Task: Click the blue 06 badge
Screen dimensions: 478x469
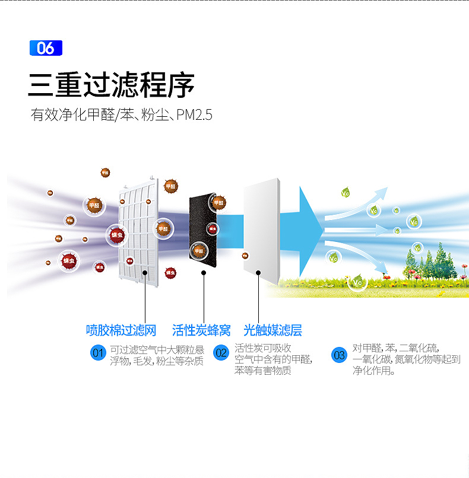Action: [x=46, y=48]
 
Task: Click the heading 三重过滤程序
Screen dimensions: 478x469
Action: [x=112, y=84]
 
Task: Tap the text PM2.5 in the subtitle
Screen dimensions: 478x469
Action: [x=194, y=114]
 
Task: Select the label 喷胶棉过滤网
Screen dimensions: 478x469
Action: [x=121, y=330]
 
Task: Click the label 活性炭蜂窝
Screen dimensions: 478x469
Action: [x=201, y=330]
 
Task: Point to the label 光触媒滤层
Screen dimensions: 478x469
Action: [x=272, y=330]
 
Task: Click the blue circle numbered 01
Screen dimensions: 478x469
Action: [x=98, y=353]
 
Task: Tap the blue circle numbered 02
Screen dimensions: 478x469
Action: [x=221, y=353]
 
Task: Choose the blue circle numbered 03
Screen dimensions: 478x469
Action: [x=339, y=356]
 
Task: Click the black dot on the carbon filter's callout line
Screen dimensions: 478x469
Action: [x=204, y=273]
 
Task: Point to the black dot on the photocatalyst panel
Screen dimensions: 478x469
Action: [x=258, y=273]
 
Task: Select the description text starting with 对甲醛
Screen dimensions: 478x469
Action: [x=406, y=359]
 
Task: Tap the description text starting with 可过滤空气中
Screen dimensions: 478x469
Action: [x=157, y=355]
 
